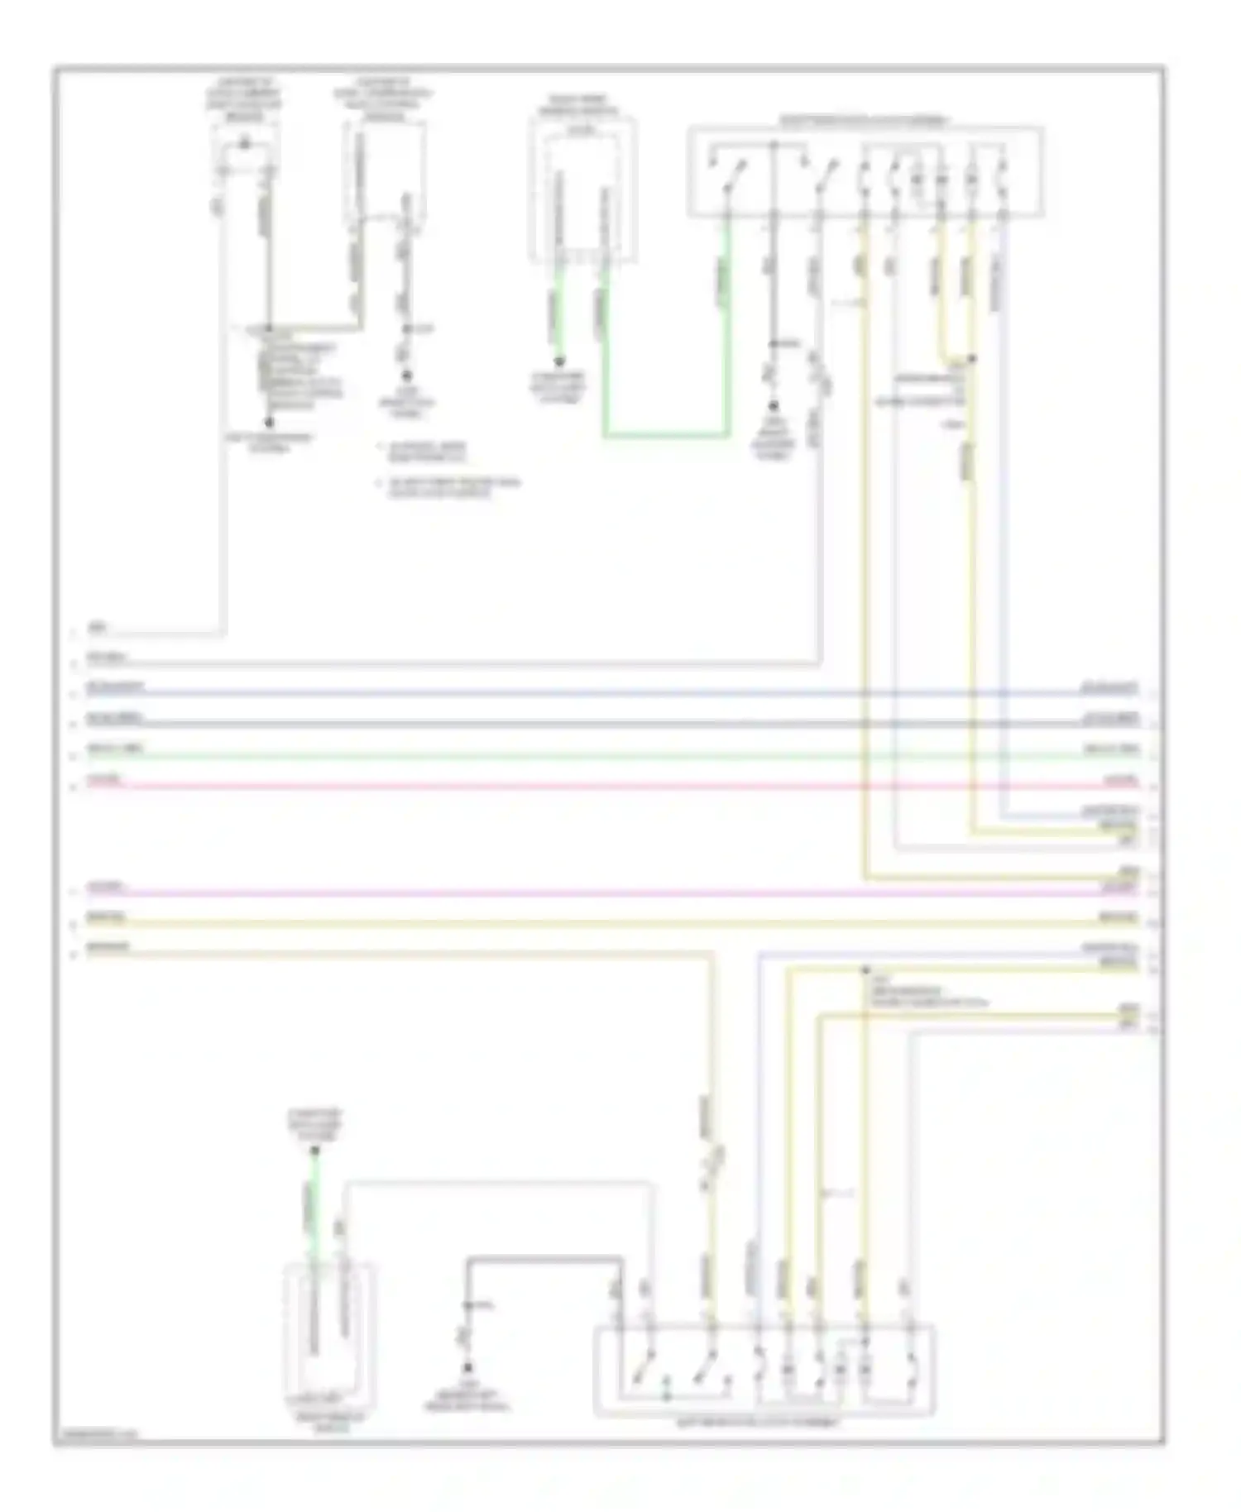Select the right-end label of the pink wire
[1124, 781]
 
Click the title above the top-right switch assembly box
[865, 121]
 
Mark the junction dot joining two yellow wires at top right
[972, 359]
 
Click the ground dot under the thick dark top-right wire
[774, 406]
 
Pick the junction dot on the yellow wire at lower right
[865, 969]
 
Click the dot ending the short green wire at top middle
[560, 361]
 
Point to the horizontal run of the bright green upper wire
[666, 433]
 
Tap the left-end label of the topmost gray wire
[98, 629]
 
